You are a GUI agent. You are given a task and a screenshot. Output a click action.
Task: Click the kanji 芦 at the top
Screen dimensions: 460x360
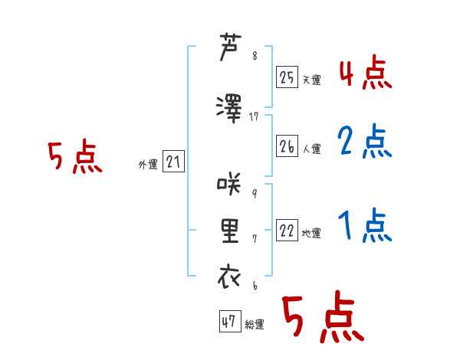[230, 47]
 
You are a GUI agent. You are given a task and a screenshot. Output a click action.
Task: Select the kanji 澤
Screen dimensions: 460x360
[229, 109]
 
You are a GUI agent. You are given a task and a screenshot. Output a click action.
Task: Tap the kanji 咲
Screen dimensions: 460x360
[229, 184]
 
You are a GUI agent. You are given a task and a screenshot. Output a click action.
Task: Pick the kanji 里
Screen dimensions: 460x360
[230, 231]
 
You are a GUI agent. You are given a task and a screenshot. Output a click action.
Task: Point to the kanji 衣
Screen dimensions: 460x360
[229, 276]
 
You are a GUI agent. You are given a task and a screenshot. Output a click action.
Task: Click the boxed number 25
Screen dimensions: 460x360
[287, 77]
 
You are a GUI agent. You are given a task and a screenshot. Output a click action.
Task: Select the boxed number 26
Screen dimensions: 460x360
[287, 146]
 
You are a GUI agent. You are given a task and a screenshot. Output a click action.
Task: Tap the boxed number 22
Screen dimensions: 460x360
[287, 230]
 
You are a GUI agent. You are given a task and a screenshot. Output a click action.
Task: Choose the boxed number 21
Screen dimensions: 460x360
[173, 162]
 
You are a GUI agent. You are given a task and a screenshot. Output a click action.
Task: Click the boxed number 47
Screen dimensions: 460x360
[230, 321]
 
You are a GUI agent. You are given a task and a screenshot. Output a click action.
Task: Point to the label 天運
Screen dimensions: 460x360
[312, 80]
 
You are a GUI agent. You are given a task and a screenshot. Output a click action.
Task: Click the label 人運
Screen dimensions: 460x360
[312, 149]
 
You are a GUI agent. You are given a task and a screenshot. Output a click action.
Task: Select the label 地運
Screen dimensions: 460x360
[311, 234]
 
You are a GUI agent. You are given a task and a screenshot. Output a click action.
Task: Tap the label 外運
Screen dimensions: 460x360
[148, 165]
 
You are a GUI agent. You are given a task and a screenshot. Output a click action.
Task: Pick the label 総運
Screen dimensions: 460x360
[255, 324]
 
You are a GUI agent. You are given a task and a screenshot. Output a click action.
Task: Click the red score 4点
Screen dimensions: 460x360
[366, 72]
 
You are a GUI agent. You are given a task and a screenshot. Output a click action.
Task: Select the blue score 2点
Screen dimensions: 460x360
[365, 141]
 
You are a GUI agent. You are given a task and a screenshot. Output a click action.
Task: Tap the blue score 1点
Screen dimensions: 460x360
[365, 225]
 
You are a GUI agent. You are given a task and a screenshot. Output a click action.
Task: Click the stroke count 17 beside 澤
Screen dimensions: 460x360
[254, 116]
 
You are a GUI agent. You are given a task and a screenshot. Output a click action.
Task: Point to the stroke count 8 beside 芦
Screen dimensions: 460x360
[255, 55]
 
